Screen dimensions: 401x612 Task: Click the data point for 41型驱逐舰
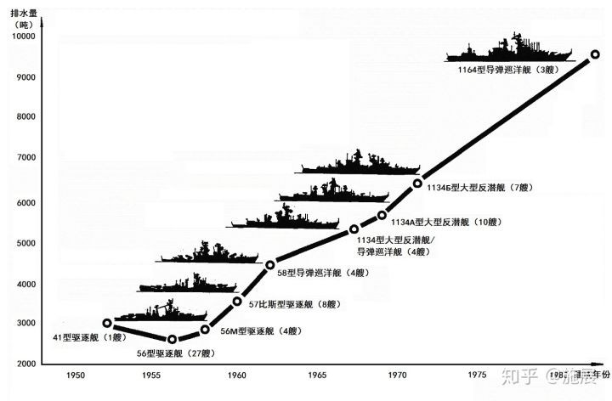point(107,323)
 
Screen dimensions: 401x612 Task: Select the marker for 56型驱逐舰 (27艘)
point(173,339)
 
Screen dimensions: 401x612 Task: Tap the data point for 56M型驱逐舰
point(205,330)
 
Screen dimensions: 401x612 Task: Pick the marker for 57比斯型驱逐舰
point(237,301)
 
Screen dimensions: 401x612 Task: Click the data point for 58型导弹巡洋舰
point(270,264)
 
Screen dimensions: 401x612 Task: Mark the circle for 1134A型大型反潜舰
point(382,215)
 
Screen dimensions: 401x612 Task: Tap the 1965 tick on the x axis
point(316,375)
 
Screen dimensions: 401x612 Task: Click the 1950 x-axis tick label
point(75,375)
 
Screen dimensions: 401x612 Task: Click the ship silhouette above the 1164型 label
point(511,49)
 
